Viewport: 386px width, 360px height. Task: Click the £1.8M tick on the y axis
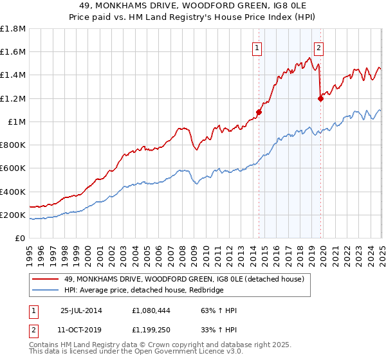(x=13, y=29)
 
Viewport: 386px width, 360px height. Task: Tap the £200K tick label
(x=13, y=215)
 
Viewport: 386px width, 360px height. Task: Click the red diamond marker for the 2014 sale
(x=259, y=112)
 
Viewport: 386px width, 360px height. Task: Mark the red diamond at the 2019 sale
(x=320, y=98)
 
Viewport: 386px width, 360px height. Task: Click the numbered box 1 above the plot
(x=257, y=47)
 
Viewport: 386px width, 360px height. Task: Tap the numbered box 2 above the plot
(x=318, y=47)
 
